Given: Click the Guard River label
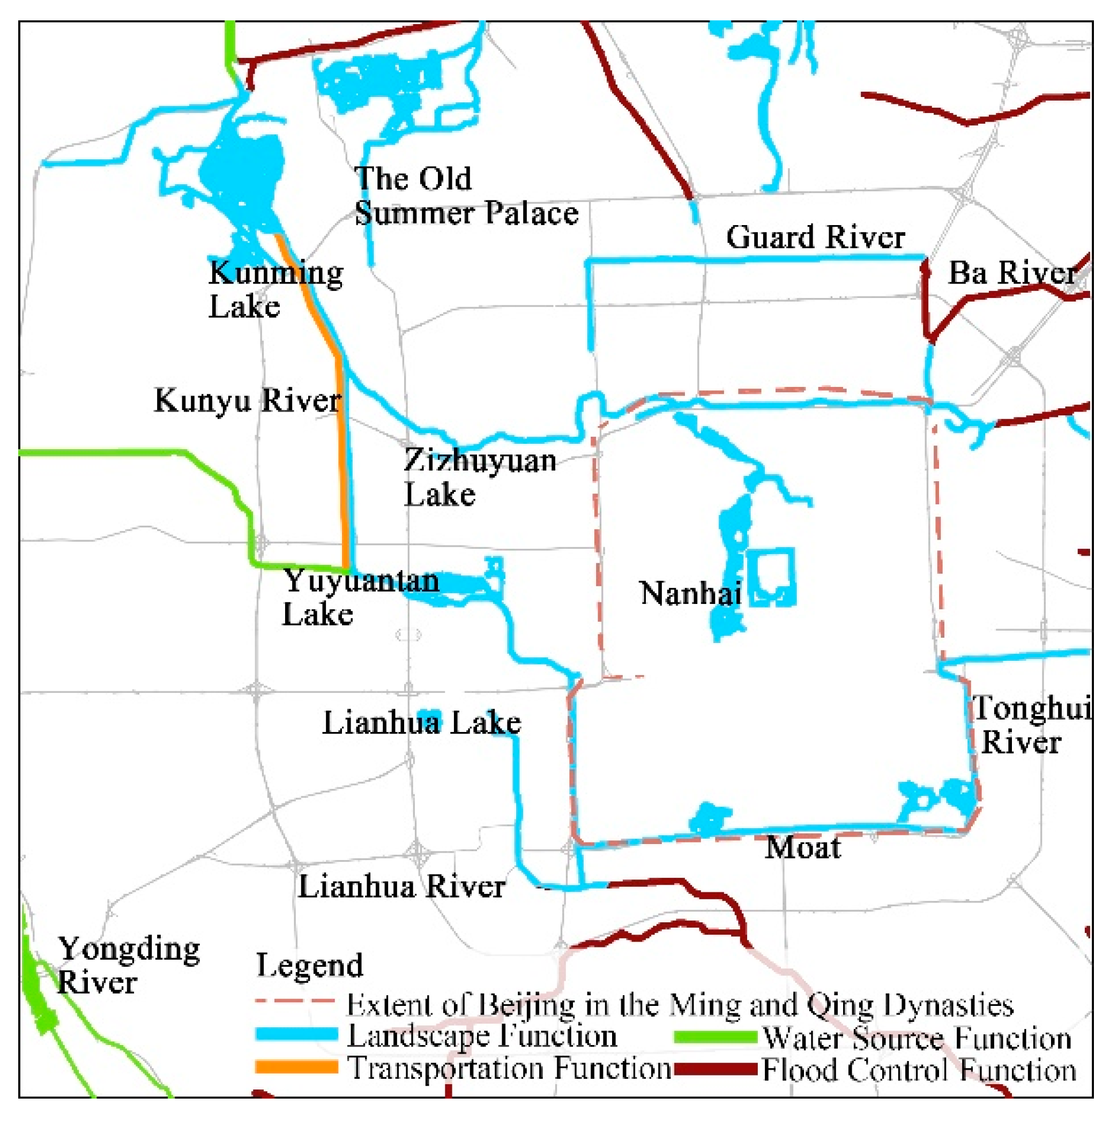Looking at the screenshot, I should point(815,238).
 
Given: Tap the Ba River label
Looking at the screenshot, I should point(1011,273).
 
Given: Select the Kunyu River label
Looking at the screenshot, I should point(247,400).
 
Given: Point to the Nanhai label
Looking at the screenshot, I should point(691,593).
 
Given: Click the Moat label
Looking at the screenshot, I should point(803,848).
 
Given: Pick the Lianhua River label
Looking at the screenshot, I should point(401,887).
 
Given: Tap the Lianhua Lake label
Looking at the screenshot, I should point(421,723).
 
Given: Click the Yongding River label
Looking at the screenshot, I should point(128,966).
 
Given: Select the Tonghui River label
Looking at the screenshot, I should point(1029,725).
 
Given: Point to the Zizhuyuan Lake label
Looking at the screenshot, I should point(479,477).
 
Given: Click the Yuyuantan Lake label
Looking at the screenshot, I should point(360,598).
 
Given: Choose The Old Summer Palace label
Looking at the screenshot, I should point(466,196).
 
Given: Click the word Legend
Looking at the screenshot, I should point(310,966).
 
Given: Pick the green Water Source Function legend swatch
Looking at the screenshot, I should point(716,1037).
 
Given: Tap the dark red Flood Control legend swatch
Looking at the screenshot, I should point(716,1069).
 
